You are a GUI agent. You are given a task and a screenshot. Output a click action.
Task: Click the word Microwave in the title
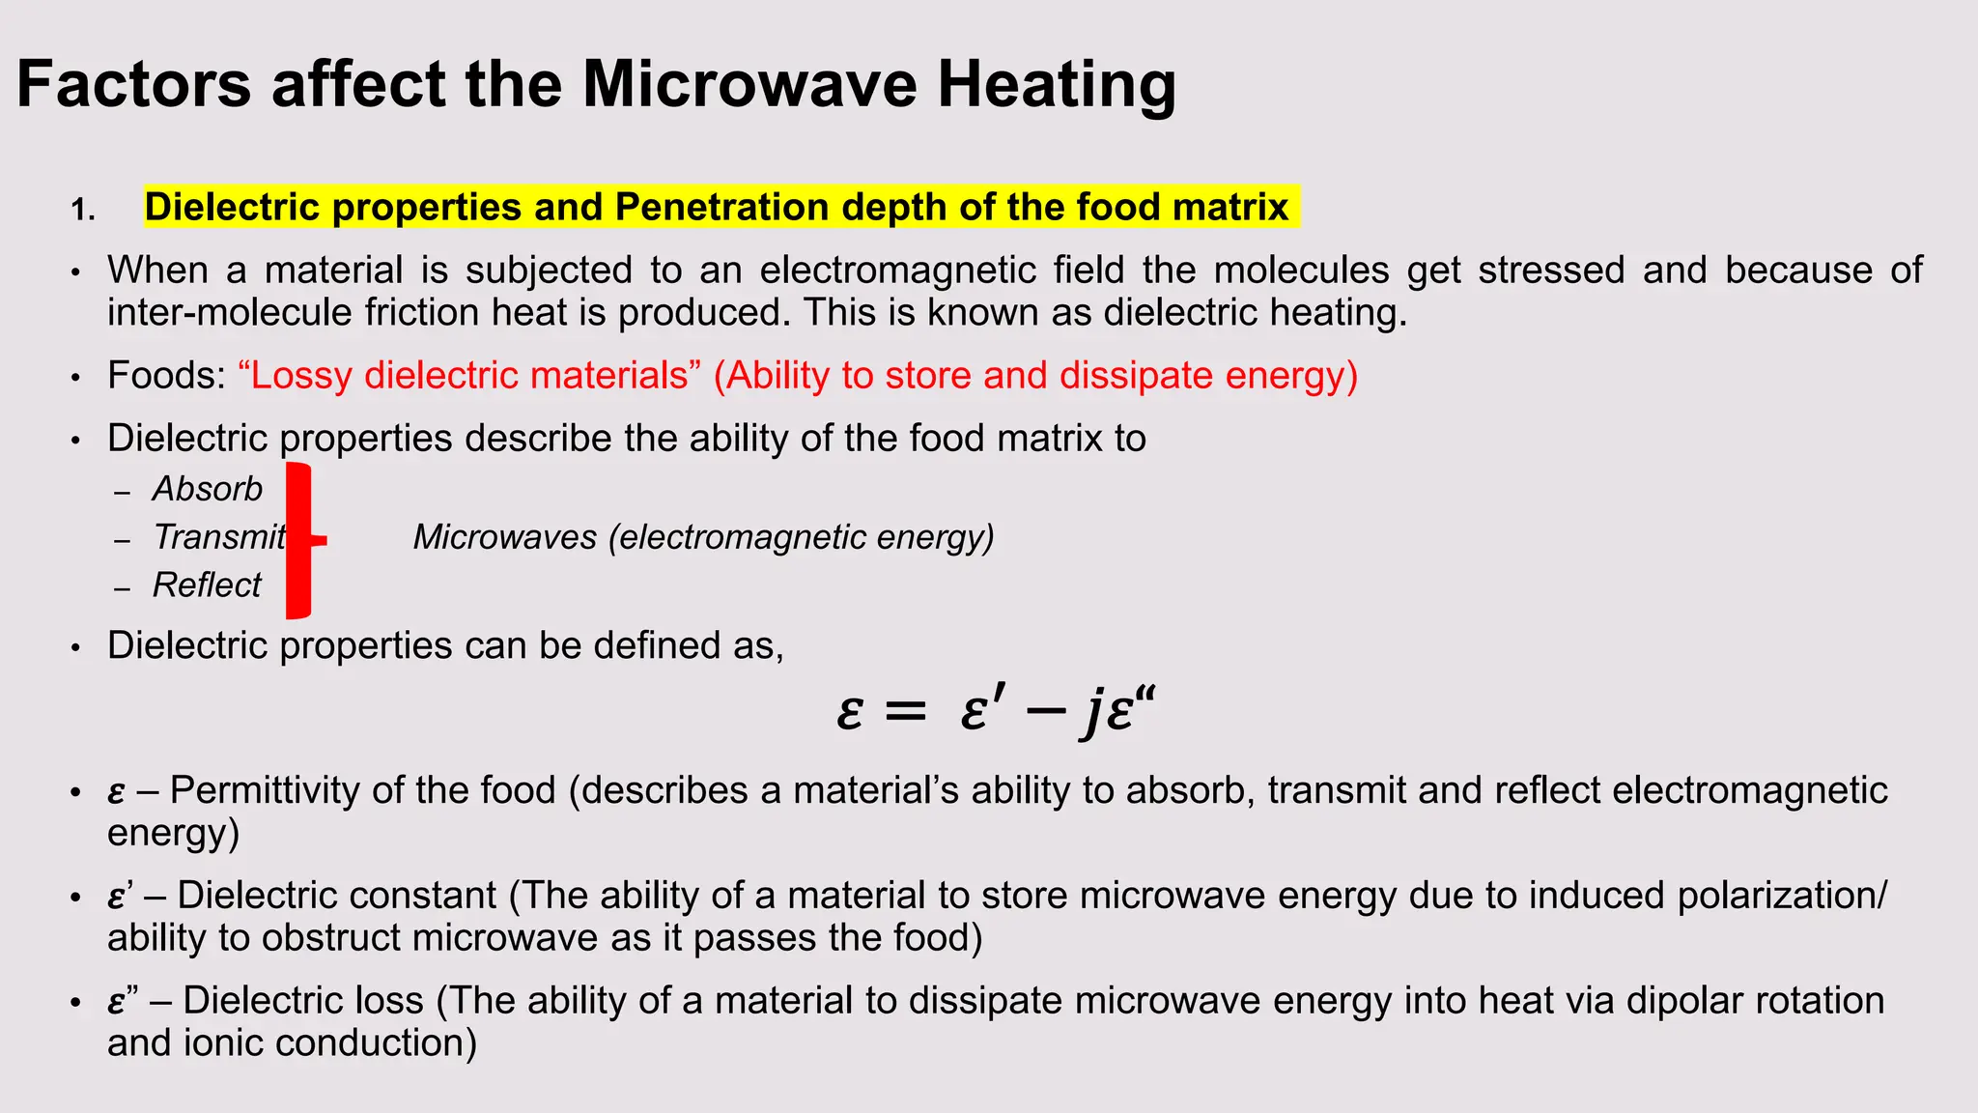pos(749,84)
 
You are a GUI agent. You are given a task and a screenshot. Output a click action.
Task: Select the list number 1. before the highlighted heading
pos(83,210)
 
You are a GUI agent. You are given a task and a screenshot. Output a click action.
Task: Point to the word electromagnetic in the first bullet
pos(941,270)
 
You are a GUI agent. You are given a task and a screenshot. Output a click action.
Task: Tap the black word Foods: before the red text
pos(166,375)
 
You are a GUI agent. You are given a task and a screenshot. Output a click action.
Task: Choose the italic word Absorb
pos(208,489)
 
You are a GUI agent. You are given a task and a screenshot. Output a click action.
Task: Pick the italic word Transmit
pos(219,537)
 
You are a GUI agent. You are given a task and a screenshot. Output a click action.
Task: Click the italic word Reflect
pos(207,585)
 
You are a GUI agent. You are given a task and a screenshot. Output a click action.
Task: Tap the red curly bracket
pos(300,540)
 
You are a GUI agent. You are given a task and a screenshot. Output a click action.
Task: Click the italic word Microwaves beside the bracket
pos(505,537)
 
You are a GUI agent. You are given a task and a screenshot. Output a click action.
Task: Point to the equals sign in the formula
pos(905,713)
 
